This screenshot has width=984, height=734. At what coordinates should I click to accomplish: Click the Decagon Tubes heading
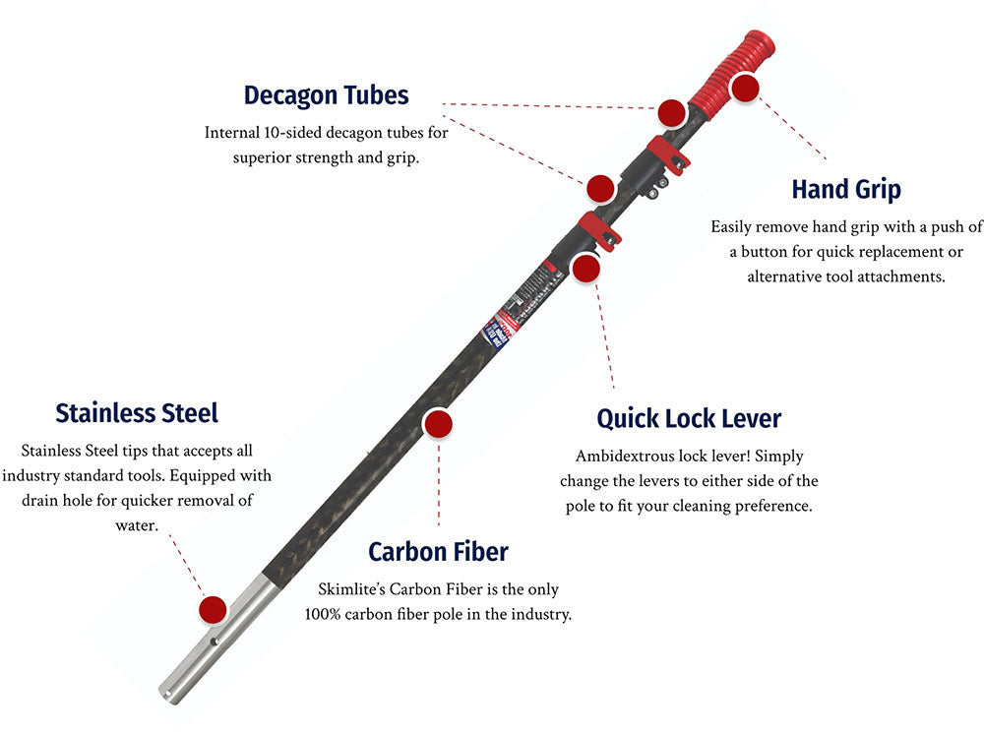pyautogui.click(x=326, y=95)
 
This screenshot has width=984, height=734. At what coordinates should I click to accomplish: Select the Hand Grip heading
pyautogui.click(x=845, y=188)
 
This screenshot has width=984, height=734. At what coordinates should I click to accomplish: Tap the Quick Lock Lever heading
pyautogui.click(x=689, y=418)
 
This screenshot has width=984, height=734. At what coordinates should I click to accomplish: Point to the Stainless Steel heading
pyautogui.click(x=137, y=412)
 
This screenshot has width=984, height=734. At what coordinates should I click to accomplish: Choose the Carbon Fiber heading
pyautogui.click(x=438, y=551)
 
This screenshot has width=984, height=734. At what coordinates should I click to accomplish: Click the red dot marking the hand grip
pyautogui.click(x=745, y=88)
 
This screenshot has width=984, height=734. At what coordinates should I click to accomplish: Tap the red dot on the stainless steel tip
pyautogui.click(x=213, y=609)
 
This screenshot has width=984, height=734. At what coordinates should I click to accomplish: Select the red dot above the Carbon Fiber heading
pyautogui.click(x=438, y=424)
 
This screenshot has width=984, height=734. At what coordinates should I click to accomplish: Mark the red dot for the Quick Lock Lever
pyautogui.click(x=586, y=268)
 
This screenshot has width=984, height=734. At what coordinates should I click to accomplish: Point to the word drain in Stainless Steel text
pyautogui.click(x=42, y=501)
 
